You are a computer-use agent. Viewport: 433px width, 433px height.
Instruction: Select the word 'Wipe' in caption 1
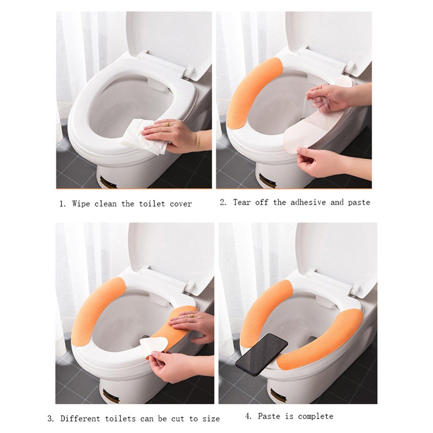tap(81, 204)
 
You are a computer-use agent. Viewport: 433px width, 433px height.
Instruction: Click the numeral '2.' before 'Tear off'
tap(223, 203)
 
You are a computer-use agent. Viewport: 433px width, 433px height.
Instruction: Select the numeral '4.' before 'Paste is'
tap(248, 416)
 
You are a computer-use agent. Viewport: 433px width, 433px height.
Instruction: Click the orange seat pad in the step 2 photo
tap(249, 96)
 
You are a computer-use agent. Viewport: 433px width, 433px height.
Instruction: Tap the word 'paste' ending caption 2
tap(359, 203)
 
